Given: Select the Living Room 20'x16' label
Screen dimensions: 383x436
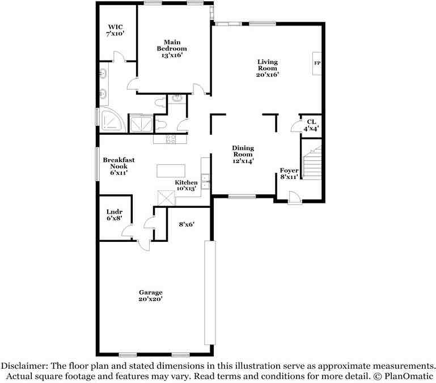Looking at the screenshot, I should point(268,68).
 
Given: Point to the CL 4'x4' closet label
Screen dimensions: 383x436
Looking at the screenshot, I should point(311,125).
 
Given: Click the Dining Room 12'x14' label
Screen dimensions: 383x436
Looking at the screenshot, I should point(243,154).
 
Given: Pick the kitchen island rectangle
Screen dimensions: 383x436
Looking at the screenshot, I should point(171,171).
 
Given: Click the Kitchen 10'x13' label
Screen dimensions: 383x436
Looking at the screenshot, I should point(186,185).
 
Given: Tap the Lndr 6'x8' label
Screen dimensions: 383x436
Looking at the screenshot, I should point(115,215).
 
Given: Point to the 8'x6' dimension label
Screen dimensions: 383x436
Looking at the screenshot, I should point(187,224).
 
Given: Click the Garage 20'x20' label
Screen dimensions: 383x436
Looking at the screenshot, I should point(151,296).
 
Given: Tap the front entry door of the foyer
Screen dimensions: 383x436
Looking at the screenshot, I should point(294,198).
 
